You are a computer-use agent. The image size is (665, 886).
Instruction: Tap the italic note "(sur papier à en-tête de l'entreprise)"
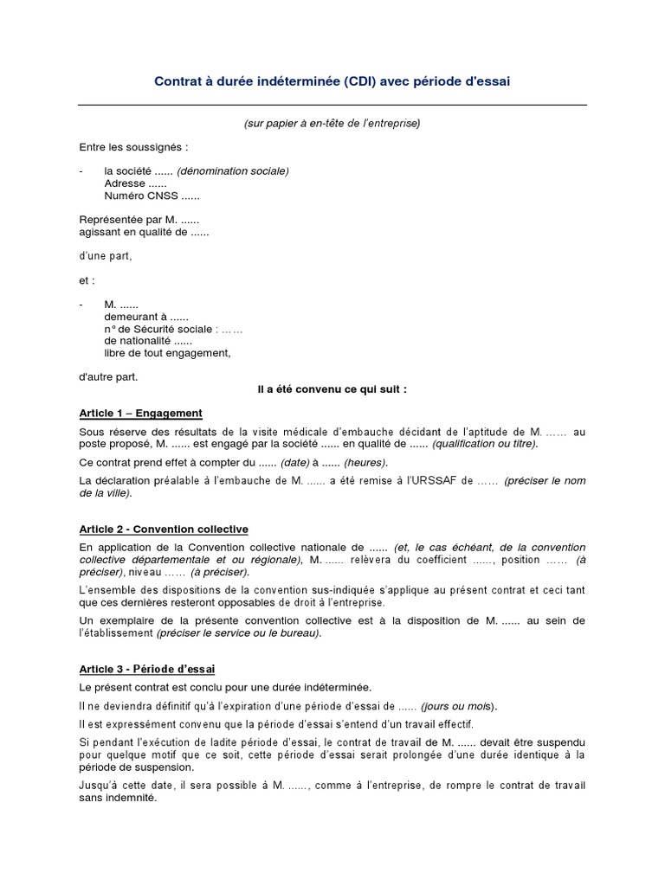pos(332,124)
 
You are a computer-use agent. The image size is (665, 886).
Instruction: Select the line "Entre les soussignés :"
pos(132,147)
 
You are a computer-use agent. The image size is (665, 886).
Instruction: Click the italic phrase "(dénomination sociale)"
pos(233,171)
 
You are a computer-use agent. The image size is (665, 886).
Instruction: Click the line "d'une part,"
pos(106,256)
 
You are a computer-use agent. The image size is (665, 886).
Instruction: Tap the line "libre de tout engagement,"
pos(167,353)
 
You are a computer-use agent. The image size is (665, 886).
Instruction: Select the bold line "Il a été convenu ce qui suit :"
pos(332,389)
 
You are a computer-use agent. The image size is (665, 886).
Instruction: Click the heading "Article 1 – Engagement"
pos(140,414)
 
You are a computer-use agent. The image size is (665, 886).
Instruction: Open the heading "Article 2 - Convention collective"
pos(164,529)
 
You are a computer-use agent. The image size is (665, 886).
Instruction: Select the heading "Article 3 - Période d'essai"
pos(147,669)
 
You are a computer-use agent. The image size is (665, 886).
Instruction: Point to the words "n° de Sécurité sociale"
pos(158,329)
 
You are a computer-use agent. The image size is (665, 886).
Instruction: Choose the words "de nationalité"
pos(137,341)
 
